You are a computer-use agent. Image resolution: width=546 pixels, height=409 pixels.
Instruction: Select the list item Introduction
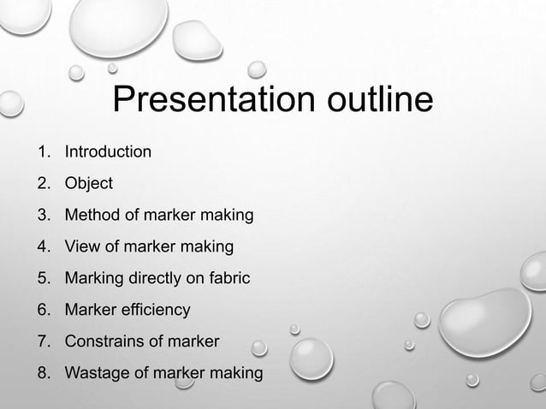tap(109, 152)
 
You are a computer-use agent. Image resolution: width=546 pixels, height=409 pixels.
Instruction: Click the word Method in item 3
tap(94, 216)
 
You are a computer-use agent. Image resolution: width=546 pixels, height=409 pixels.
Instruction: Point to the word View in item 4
tap(84, 247)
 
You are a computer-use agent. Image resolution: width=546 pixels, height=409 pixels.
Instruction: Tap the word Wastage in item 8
tap(98, 374)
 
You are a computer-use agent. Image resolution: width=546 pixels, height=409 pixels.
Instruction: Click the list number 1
tap(42, 152)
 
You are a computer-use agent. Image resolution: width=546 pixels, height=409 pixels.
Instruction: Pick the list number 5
tap(42, 279)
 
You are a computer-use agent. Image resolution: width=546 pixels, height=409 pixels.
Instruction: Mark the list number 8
tap(42, 374)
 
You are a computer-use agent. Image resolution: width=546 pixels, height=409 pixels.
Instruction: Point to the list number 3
tap(42, 216)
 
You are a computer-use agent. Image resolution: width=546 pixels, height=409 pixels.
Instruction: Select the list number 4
tap(42, 247)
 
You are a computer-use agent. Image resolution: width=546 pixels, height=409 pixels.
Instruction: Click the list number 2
tap(42, 184)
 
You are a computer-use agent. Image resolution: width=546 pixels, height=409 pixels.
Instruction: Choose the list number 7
tap(42, 342)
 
